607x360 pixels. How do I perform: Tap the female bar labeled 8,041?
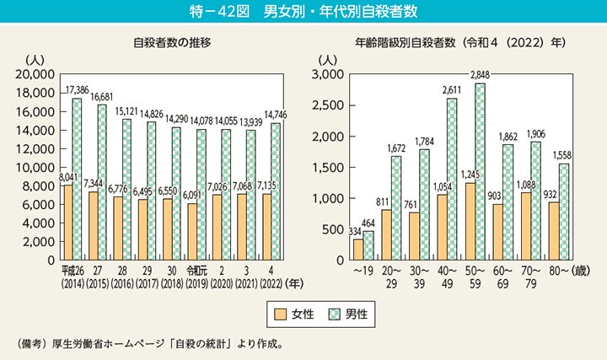coord(67,223)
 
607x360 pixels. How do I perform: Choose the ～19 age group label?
coord(363,271)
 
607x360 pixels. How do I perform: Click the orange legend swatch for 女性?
coord(281,313)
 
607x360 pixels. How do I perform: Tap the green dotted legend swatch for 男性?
coord(335,313)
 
